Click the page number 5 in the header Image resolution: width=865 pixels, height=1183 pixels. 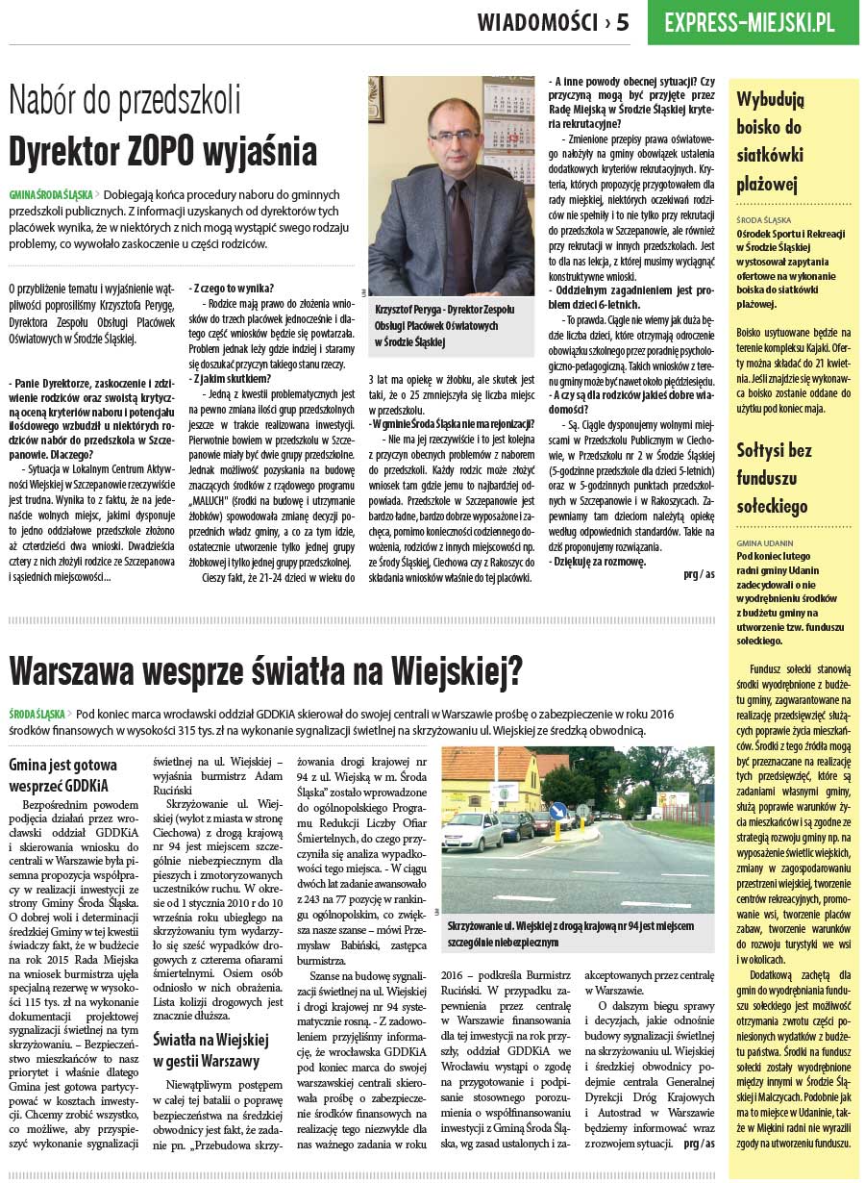[623, 22]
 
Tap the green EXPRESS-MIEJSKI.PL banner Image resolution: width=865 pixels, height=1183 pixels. [750, 22]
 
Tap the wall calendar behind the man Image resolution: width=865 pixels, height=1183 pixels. [509, 135]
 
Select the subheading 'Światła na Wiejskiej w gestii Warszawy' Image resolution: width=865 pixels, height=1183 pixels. [210, 1049]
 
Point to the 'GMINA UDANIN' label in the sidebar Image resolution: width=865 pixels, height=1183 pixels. [765, 542]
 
